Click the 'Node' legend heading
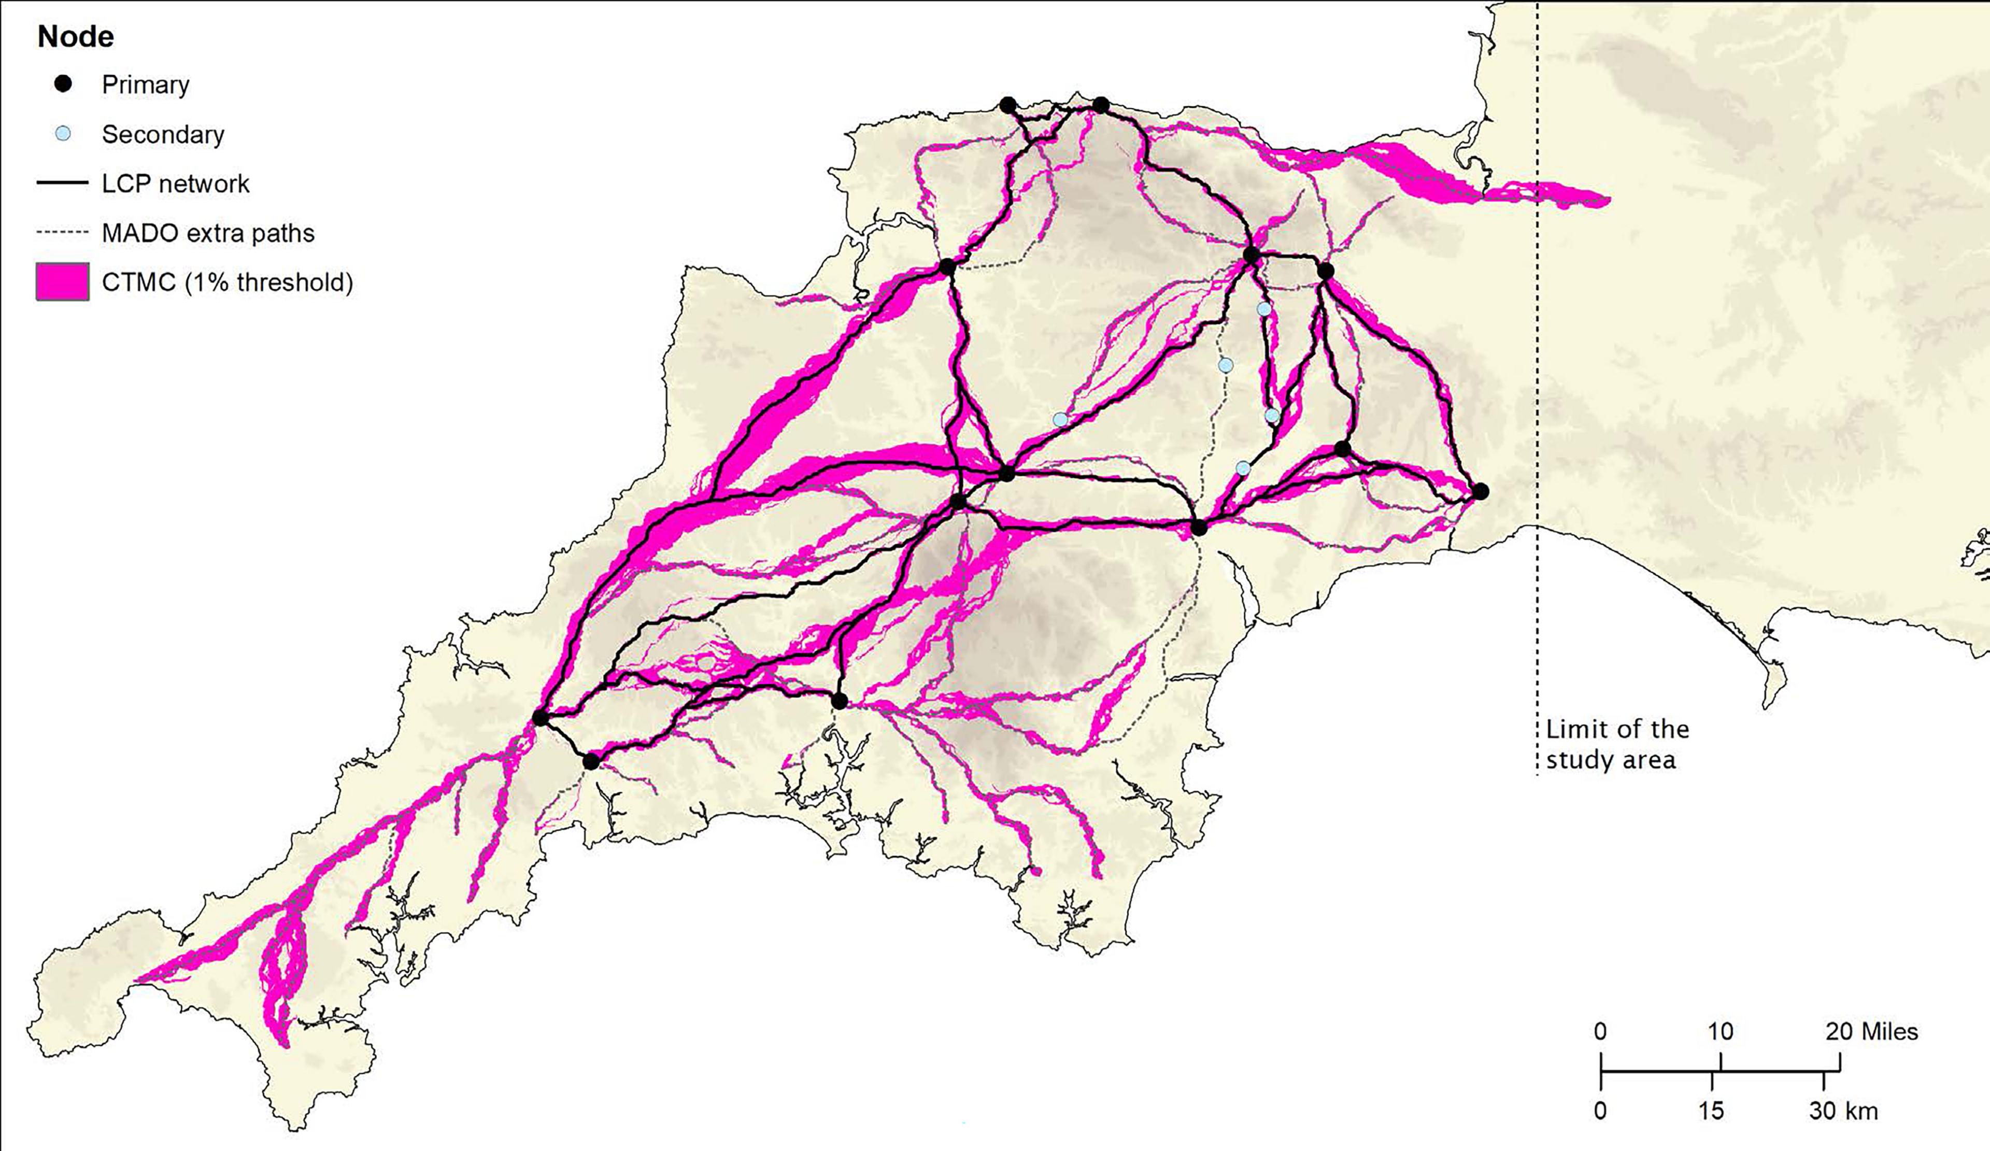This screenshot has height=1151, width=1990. [76, 36]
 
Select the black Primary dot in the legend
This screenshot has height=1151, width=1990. [63, 83]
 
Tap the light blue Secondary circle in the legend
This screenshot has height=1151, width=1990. [63, 133]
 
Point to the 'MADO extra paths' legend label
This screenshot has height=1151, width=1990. [208, 233]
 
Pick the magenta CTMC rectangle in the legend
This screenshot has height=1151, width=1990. [62, 282]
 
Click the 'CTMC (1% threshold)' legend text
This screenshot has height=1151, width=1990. [228, 282]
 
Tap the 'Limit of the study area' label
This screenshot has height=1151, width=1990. [1616, 744]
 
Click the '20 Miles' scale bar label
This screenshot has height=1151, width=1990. [1871, 1031]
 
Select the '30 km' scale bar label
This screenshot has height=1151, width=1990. [1843, 1111]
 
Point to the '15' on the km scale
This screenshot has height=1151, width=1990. [1711, 1111]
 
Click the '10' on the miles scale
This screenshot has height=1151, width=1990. [1720, 1031]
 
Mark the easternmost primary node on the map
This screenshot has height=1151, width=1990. [1481, 492]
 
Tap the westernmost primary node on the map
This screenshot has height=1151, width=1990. [540, 718]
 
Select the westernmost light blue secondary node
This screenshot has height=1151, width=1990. [1060, 419]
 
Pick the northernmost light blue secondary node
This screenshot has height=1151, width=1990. [1263, 309]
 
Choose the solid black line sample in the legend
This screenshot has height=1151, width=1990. [62, 183]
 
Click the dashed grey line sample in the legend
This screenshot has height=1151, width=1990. [62, 233]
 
